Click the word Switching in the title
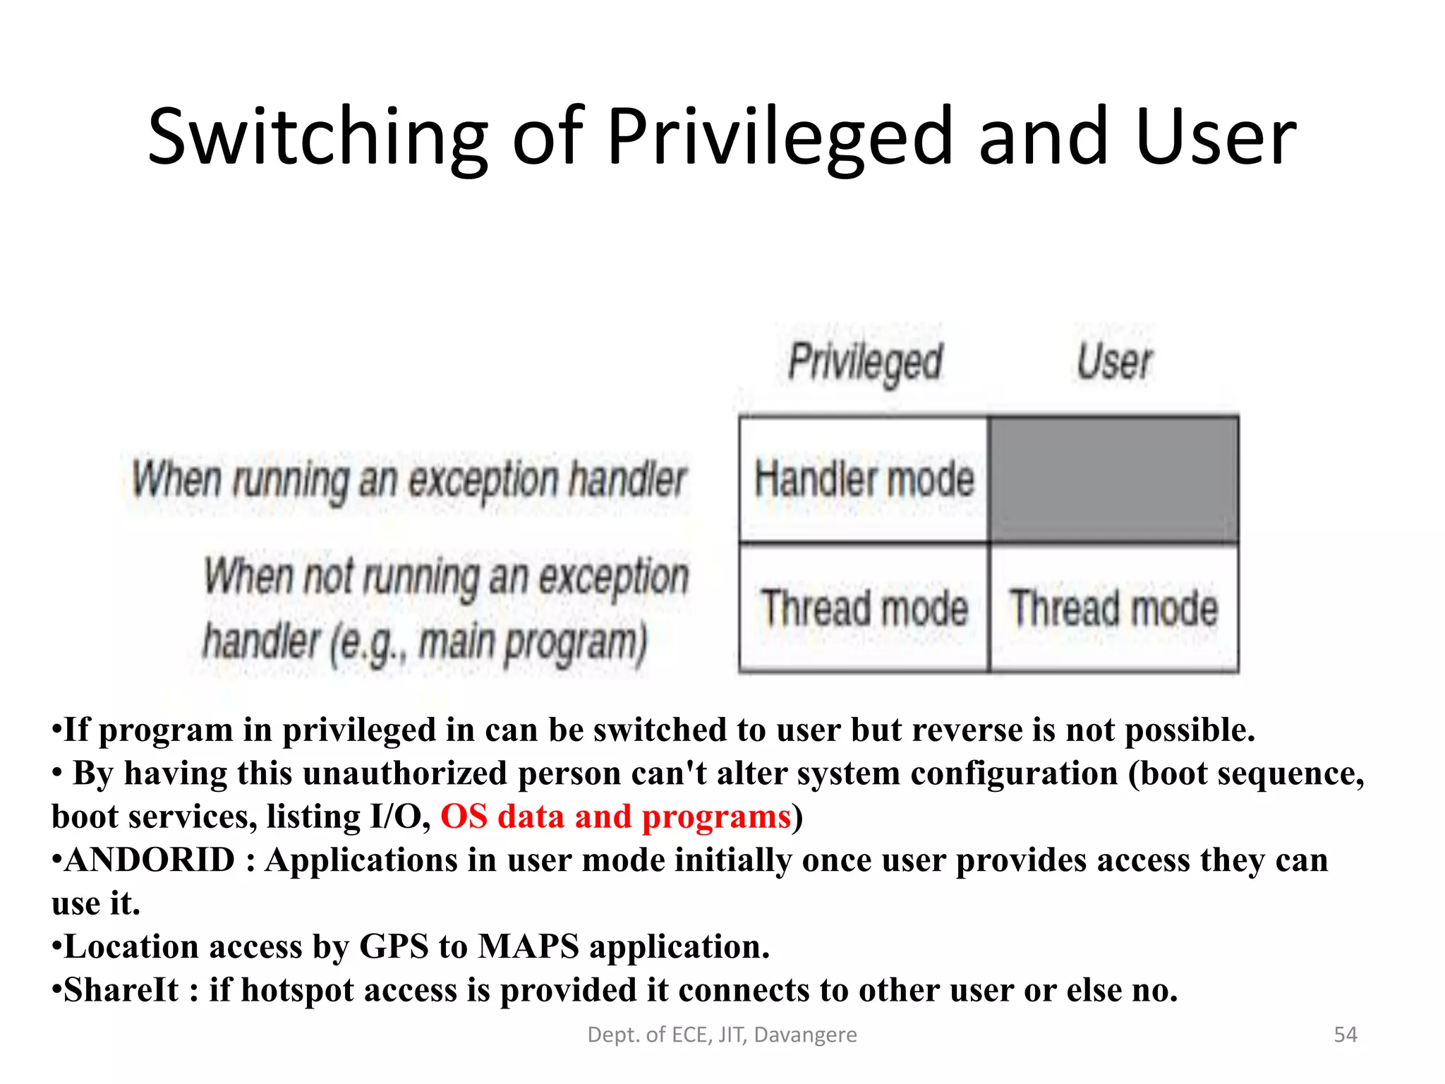(318, 138)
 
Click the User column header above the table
(1114, 362)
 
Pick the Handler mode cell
(864, 479)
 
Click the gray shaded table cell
(1114, 479)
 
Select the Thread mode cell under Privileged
(864, 608)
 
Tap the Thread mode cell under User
(1114, 608)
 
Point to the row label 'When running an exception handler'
(409, 480)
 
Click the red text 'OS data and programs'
(615, 817)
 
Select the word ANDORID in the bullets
(150, 860)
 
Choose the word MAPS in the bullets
(528, 947)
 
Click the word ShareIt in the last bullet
(121, 990)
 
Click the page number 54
(1345, 1035)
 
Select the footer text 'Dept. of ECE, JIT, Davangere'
(722, 1035)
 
